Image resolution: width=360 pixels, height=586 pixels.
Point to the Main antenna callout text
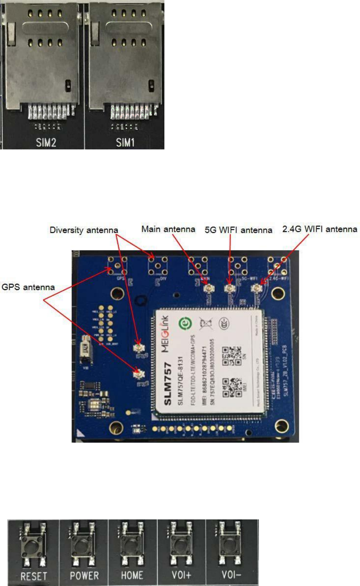(x=169, y=228)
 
